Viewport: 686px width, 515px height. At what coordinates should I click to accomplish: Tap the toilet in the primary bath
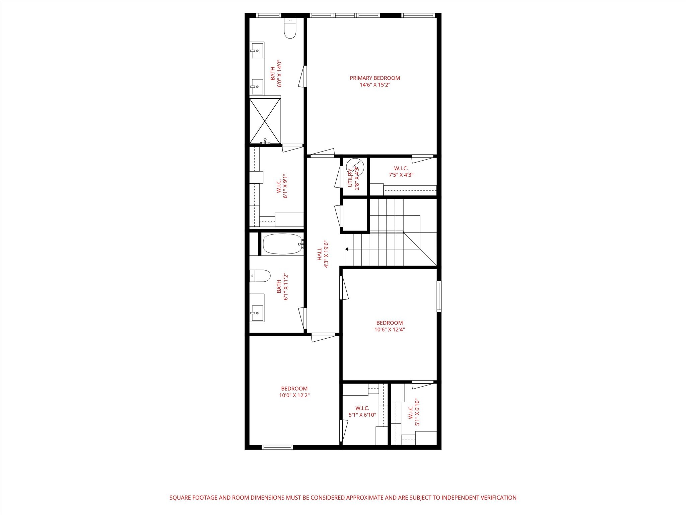click(x=290, y=28)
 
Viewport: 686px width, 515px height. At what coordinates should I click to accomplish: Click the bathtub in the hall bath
click(x=283, y=244)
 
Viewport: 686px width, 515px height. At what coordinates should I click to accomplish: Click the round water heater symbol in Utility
click(x=355, y=166)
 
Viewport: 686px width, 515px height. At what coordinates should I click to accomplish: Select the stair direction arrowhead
click(x=347, y=249)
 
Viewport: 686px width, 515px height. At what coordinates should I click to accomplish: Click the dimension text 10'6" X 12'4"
click(x=390, y=329)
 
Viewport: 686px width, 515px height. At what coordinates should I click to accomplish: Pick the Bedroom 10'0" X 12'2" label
click(x=294, y=392)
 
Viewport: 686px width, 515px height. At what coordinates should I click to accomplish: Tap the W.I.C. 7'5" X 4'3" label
click(x=401, y=171)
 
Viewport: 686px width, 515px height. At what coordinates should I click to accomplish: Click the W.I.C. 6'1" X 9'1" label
click(x=282, y=186)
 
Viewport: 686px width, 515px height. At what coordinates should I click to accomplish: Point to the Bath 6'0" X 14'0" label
click(x=276, y=73)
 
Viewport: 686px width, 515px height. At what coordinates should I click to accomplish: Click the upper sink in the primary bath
click(x=257, y=50)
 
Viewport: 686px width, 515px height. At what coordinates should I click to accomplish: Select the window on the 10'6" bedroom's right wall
click(x=439, y=297)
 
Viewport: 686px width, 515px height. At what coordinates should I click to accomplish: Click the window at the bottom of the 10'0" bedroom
click(x=277, y=447)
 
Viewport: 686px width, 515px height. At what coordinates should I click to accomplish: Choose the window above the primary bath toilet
click(x=269, y=15)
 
